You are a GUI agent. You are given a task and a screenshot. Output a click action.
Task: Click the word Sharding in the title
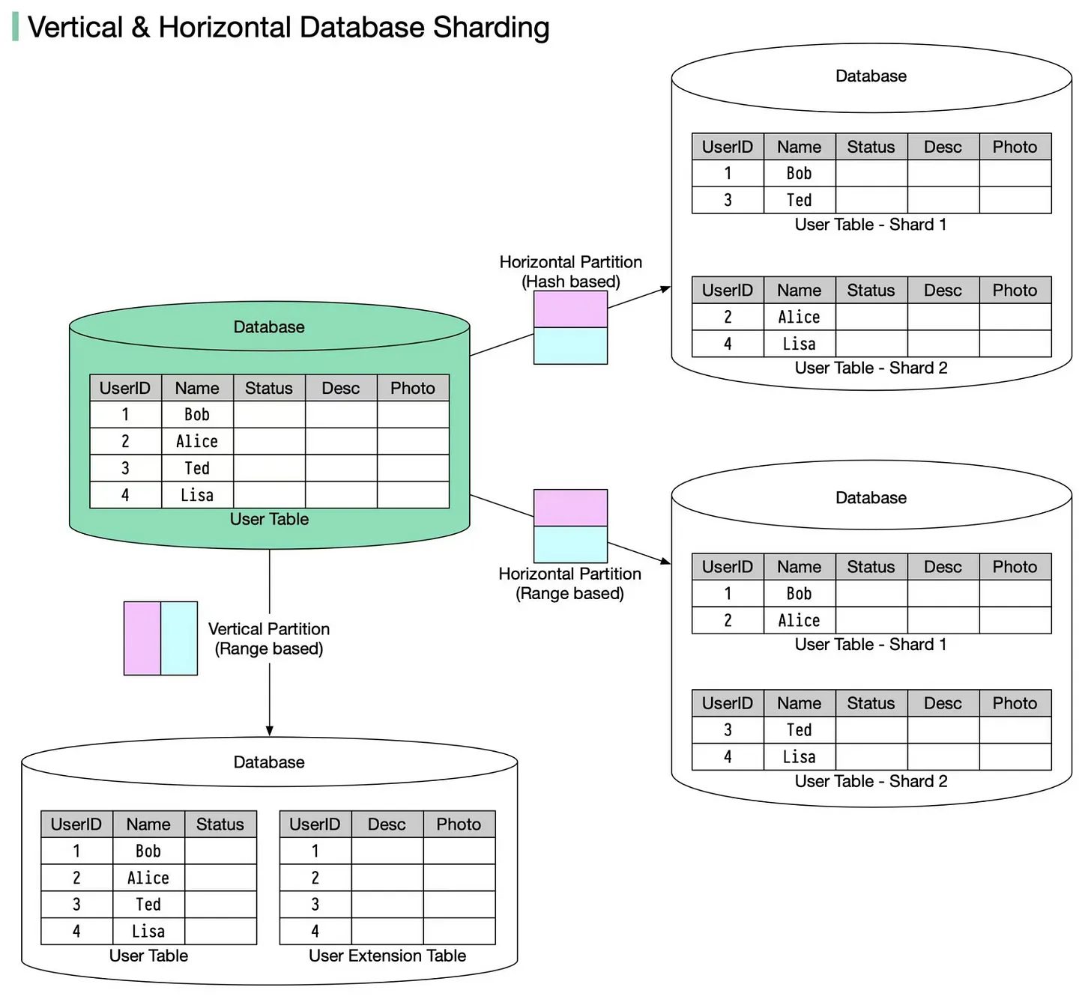(491, 28)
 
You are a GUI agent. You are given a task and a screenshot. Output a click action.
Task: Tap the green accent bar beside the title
(16, 27)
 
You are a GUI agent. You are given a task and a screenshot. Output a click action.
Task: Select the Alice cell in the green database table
(197, 442)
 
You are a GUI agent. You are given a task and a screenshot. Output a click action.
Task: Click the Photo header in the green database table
(413, 388)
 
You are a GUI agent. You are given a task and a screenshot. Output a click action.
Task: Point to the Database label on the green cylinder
(269, 327)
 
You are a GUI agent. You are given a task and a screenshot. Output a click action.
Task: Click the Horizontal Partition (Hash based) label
(571, 272)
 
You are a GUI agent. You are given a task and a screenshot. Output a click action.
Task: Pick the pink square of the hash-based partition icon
(570, 309)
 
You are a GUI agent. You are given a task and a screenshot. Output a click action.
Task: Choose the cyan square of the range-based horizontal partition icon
(570, 544)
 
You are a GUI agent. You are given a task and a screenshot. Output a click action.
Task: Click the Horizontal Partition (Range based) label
(570, 584)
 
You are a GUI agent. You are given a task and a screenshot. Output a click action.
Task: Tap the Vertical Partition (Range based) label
(269, 639)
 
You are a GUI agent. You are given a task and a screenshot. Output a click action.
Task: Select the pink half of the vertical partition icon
(142, 638)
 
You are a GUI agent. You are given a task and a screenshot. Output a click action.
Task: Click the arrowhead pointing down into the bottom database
(270, 731)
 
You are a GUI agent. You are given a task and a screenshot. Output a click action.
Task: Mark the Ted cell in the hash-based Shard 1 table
(800, 200)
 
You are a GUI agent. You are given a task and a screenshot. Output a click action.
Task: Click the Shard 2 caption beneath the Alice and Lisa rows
(871, 368)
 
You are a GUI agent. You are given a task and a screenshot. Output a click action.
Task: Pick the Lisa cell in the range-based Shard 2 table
(800, 757)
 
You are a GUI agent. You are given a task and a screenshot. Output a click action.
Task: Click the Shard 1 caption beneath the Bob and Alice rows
(871, 645)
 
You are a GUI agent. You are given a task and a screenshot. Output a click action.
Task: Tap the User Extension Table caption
(387, 956)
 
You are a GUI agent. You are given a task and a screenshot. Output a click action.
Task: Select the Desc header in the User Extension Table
(387, 825)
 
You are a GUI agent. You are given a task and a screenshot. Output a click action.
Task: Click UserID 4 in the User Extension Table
(315, 932)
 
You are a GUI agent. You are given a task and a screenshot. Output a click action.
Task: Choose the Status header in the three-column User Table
(220, 825)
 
